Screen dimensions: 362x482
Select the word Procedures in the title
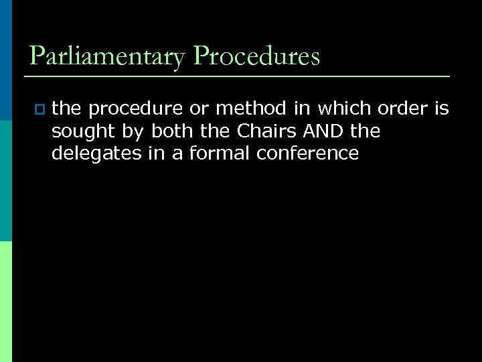coord(256,56)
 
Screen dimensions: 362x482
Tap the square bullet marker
coord(37,108)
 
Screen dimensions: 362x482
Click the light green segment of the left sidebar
coord(5,302)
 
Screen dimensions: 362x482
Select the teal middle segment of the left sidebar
coord(5,181)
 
